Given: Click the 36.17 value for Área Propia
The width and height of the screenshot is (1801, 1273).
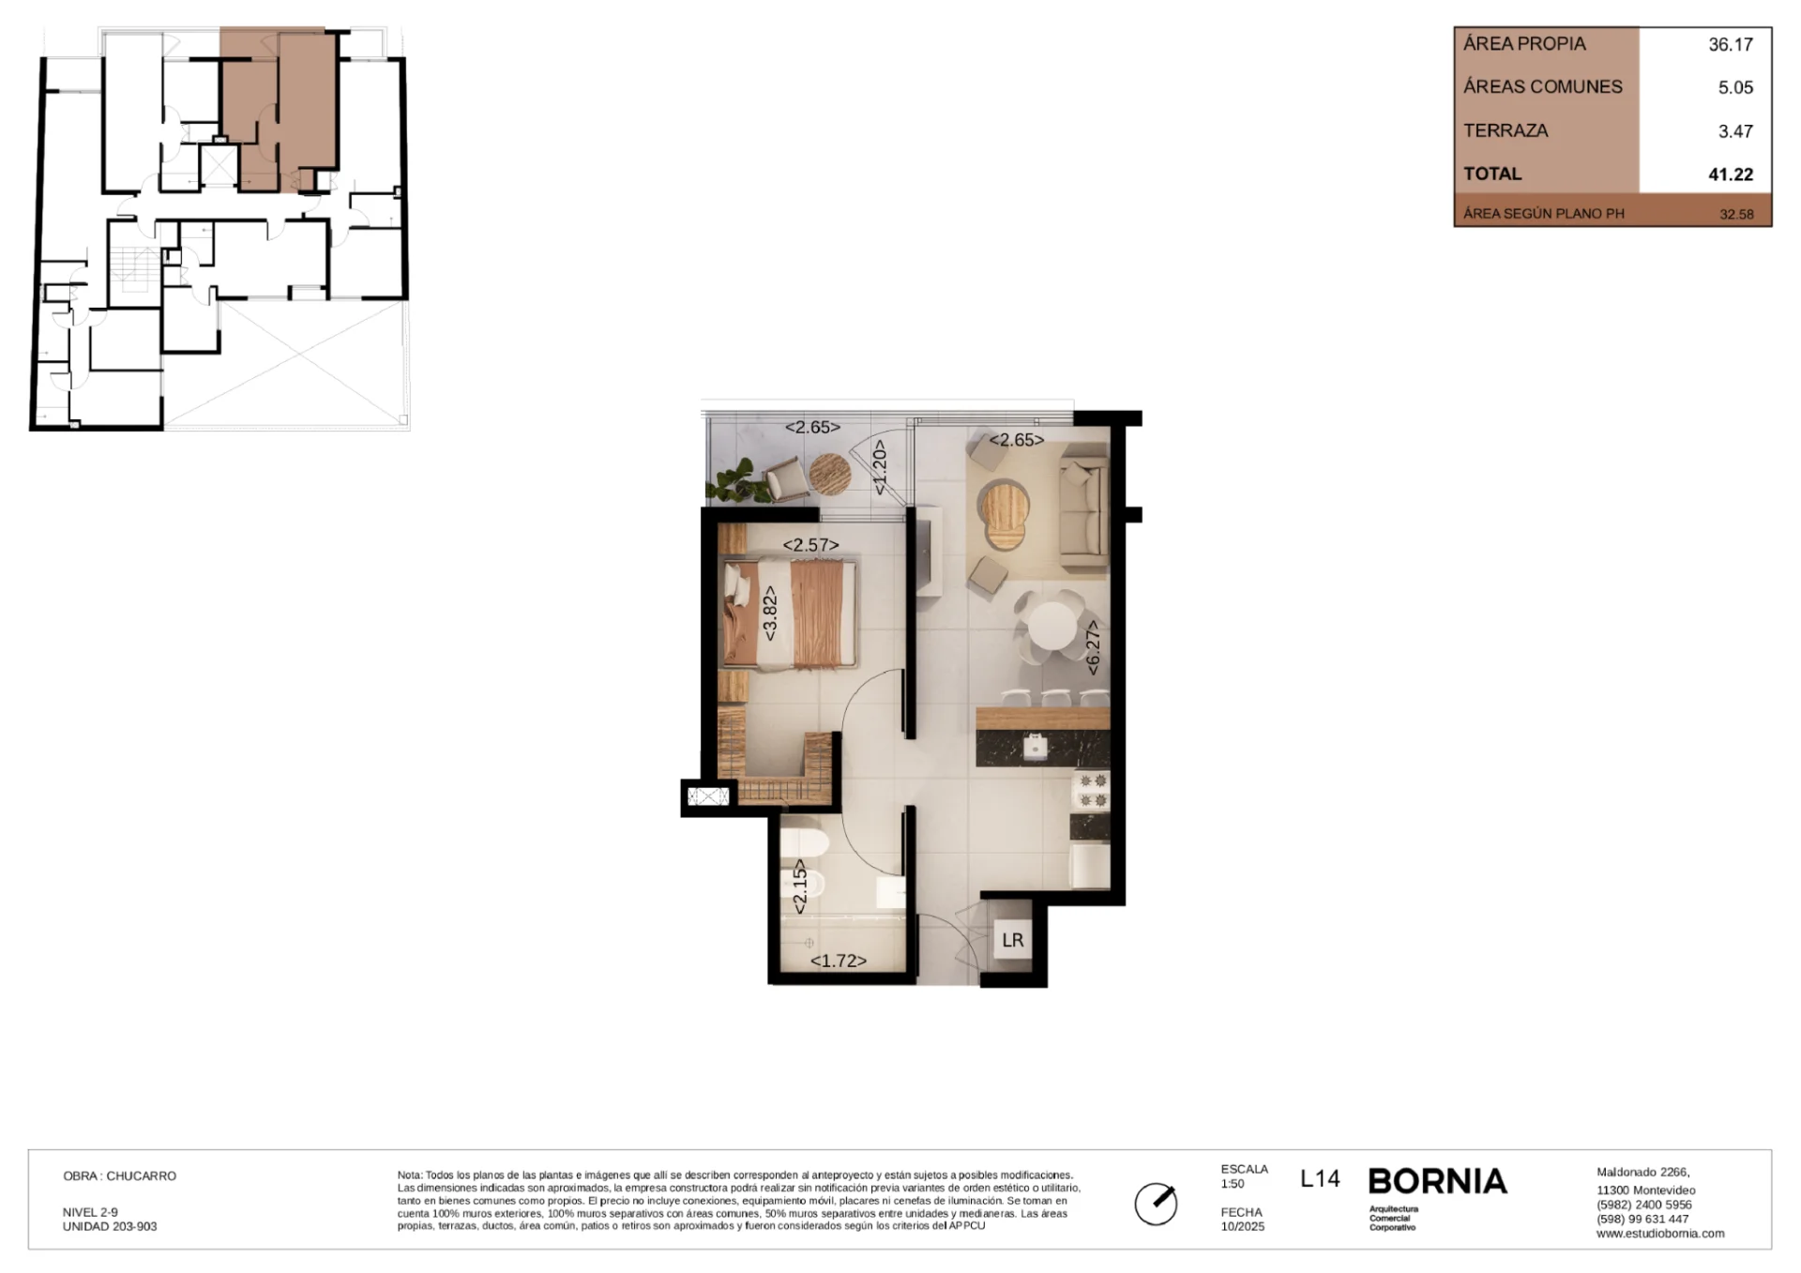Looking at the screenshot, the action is point(1731,44).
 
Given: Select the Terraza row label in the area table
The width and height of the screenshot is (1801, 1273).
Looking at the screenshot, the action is point(1506,130).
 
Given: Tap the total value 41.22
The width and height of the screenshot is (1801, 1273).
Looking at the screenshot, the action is point(1731,174).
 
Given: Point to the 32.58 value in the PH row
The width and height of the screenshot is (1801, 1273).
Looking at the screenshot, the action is point(1736,214).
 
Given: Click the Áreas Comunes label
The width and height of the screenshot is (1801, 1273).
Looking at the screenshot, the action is point(1543,86).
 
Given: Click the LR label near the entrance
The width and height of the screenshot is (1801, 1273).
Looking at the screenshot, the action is point(1012,940).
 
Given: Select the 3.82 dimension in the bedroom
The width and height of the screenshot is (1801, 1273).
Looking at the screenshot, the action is point(770,614).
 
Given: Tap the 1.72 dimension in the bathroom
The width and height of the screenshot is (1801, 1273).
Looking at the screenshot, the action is point(838,961).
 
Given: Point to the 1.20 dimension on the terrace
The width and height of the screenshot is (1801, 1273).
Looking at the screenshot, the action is point(879,468).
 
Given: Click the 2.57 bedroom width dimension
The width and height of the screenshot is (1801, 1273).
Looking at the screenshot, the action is point(810,544).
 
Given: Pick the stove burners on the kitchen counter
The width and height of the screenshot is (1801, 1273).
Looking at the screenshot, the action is point(1091,790).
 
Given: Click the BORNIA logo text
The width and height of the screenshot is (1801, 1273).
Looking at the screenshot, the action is point(1437,1181).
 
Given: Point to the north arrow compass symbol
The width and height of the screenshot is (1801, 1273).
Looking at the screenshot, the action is point(1156,1204).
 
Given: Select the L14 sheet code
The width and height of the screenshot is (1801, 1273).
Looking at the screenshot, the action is point(1320,1178).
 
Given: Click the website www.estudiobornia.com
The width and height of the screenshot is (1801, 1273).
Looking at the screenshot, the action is point(1660,1234).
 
